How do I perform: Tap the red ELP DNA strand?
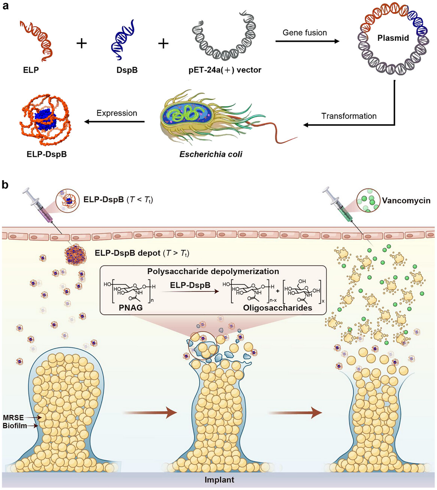click(x=36, y=40)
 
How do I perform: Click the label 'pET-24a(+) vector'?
click(x=225, y=70)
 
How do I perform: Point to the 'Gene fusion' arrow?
click(x=307, y=41)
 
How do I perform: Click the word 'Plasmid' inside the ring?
click(x=393, y=38)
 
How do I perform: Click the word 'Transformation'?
click(x=349, y=116)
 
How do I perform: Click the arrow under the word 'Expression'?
click(x=115, y=121)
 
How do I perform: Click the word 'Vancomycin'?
click(x=406, y=201)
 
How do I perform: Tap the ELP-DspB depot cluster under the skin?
click(x=75, y=256)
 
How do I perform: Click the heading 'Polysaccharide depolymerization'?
click(x=213, y=272)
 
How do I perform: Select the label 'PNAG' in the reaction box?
click(x=131, y=308)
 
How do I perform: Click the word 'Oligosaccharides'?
click(x=277, y=308)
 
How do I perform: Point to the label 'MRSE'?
click(x=13, y=418)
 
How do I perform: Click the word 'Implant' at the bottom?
click(x=219, y=480)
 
